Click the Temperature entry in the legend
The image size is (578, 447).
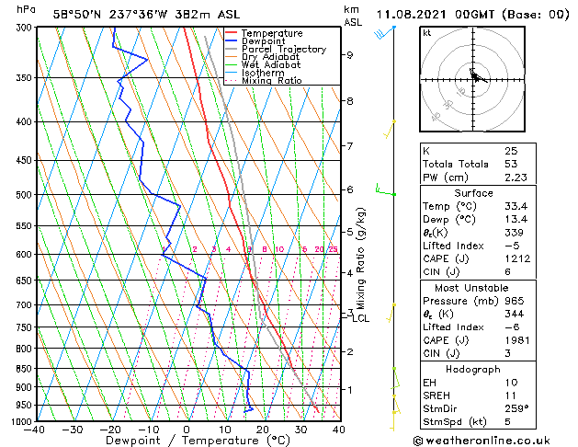[271, 33]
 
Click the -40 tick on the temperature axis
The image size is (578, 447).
[34, 430]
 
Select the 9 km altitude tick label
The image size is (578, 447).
[350, 54]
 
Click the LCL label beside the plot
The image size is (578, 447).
[361, 318]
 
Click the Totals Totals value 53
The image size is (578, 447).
[510, 164]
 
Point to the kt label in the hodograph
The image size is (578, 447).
[427, 33]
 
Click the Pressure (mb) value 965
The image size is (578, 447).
[513, 300]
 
